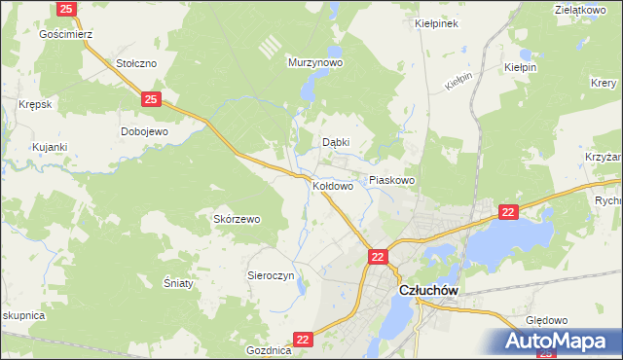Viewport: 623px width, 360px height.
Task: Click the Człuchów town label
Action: coord(428,289)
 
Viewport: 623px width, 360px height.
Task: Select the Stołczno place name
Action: coord(136,62)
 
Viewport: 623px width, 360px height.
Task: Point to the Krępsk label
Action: coord(34,102)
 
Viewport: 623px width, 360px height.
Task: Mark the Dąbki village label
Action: coord(336,141)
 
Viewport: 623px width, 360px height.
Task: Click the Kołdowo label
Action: coord(332,185)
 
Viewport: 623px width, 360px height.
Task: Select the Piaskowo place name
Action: coord(392,180)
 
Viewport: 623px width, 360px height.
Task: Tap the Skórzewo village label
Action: coord(237,219)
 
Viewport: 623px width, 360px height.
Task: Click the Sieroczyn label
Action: coord(271,275)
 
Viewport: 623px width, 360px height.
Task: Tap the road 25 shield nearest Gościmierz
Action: coord(66,9)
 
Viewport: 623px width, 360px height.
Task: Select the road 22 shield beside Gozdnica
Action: coord(304,339)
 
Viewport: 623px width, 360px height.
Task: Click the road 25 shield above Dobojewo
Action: coord(150,98)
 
